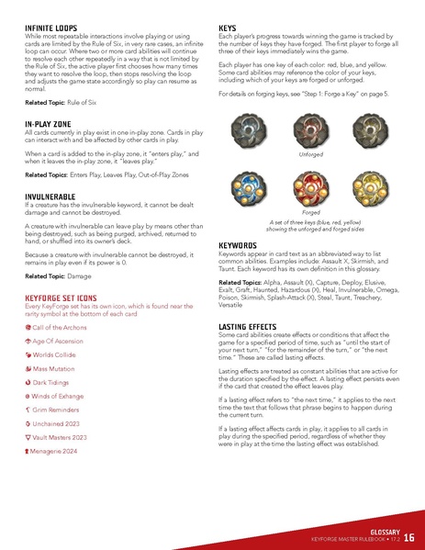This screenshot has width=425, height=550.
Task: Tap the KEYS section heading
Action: (230, 28)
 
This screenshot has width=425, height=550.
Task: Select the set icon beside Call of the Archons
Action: (28, 328)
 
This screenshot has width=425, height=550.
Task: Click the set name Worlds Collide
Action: (60, 354)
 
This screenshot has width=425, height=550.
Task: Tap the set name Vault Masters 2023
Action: (64, 438)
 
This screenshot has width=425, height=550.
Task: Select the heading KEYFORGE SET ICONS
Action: (69, 297)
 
